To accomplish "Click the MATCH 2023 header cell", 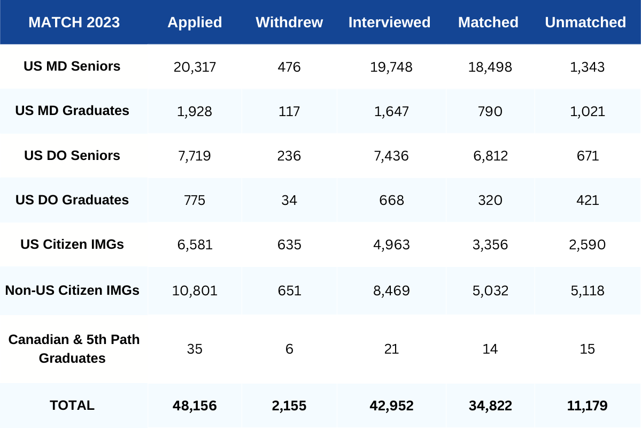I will tap(74, 22).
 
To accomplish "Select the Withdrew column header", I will tap(289, 22).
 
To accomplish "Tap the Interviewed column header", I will tap(389, 22).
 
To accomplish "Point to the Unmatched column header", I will tap(585, 22).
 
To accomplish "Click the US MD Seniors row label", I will tap(72, 66).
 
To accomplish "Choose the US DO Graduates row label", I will tap(72, 200).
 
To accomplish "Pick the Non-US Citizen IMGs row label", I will tap(72, 291).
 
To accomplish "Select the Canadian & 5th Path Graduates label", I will tap(74, 349).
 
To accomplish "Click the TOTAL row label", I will tap(72, 406).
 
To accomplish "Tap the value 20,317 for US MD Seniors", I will tap(195, 67).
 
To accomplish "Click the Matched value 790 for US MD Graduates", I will tap(489, 111).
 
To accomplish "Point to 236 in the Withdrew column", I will tap(289, 156).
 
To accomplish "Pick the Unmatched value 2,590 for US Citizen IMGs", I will tap(587, 245).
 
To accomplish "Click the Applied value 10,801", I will tap(195, 291).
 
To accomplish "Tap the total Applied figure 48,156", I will tap(195, 406).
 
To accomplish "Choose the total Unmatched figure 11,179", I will tap(587, 406).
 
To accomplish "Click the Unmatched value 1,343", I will tap(587, 67).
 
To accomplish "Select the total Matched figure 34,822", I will tap(489, 406).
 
